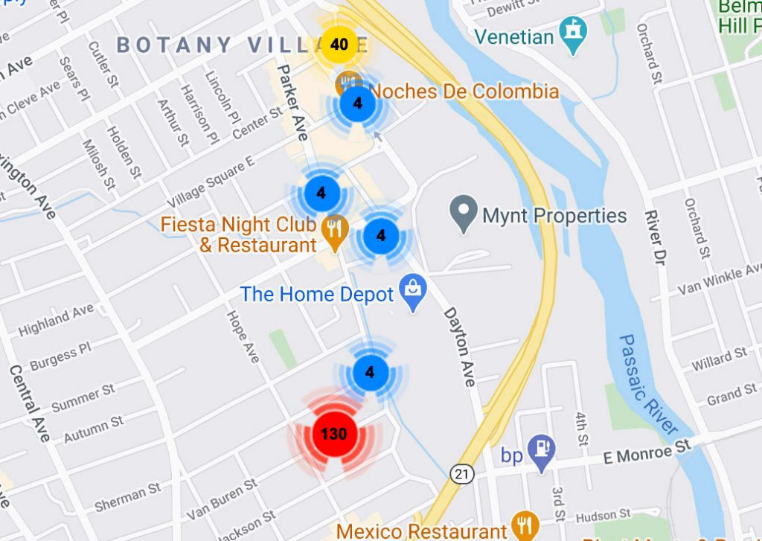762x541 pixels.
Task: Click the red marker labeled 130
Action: pyautogui.click(x=333, y=433)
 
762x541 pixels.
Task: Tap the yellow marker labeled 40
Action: pyautogui.click(x=339, y=45)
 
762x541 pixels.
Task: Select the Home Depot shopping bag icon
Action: pyautogui.click(x=411, y=294)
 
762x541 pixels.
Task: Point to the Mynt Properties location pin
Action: pyautogui.click(x=464, y=214)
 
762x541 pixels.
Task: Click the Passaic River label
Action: pyautogui.click(x=648, y=384)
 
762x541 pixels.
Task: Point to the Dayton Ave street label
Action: pyautogui.click(x=459, y=346)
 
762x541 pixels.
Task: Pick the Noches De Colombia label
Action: pyautogui.click(x=464, y=92)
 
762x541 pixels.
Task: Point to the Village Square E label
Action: pyautogui.click(x=211, y=182)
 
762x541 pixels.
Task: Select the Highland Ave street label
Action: pyautogui.click(x=57, y=320)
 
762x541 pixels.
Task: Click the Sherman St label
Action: pyautogui.click(x=127, y=497)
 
